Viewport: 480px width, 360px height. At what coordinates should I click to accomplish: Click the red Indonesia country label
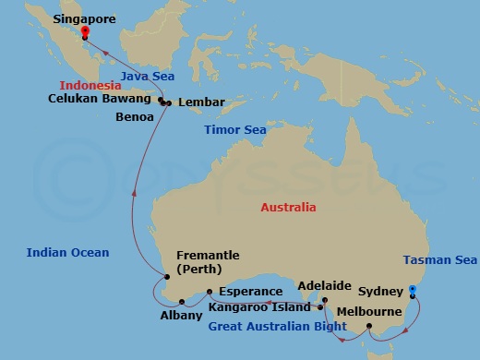[x=86, y=84]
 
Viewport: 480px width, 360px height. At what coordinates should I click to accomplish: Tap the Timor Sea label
[x=235, y=130]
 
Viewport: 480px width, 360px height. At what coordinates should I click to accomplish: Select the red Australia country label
[x=288, y=208]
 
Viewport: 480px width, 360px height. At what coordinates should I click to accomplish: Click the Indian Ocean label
[x=67, y=252]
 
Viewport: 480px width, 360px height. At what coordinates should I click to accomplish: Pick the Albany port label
[x=180, y=315]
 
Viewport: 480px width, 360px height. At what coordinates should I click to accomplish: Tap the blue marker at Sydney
[x=413, y=290]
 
